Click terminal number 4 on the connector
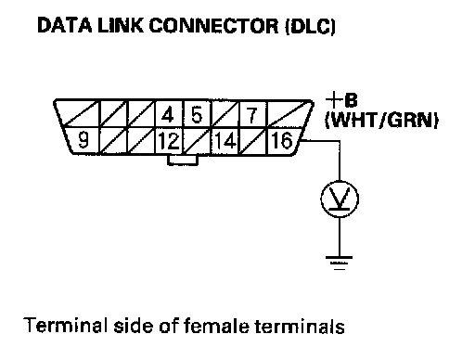point(168,115)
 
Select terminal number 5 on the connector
point(197,115)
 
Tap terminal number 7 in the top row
point(252,115)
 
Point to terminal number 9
point(83,140)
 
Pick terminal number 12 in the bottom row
point(169,141)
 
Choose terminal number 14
point(225,141)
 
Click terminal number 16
point(282,141)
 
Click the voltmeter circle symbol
point(340,199)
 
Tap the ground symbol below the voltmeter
point(340,264)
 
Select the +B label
point(341,100)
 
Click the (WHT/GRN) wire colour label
point(381,120)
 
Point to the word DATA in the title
point(64,25)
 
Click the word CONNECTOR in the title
point(213,26)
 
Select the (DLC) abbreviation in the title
point(310,26)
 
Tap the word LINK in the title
point(121,25)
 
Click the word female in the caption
point(216,326)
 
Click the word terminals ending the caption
point(300,327)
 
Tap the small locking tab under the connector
point(183,160)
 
